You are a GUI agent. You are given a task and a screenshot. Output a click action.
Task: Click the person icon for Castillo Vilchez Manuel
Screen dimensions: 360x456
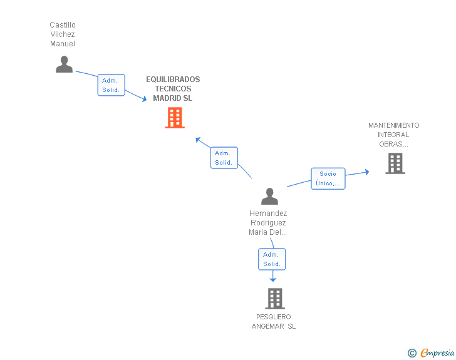tap(64, 64)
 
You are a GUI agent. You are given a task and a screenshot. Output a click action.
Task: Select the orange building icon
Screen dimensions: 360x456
tap(174, 118)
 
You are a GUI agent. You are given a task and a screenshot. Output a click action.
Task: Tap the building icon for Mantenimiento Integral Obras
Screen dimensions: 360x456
tap(395, 163)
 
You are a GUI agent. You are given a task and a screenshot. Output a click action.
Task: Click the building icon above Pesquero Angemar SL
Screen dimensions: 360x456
tap(274, 299)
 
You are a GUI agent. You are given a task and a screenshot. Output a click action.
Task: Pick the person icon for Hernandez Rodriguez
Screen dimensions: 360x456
tap(269, 197)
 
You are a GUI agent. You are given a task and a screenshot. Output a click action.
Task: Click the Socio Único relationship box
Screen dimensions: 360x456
tap(328, 178)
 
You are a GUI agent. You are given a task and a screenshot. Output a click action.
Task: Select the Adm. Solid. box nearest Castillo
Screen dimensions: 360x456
tap(111, 85)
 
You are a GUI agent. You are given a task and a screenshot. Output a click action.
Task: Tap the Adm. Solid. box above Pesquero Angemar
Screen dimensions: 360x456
tap(272, 259)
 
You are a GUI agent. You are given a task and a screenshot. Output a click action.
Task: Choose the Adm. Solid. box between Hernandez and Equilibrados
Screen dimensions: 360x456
tap(224, 158)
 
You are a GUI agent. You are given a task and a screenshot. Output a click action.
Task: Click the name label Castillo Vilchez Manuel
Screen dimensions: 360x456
tap(63, 34)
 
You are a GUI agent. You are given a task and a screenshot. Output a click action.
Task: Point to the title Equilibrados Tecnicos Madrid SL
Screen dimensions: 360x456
tap(173, 89)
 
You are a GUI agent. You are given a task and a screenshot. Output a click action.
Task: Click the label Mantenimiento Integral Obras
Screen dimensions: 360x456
tap(394, 135)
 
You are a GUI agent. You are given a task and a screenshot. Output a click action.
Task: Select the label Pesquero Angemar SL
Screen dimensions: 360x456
tap(274, 322)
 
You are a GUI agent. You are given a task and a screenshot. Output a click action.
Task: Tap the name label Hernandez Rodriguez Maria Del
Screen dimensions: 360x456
tap(268, 223)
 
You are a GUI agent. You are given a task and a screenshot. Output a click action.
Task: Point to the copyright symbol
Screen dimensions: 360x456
tap(412, 353)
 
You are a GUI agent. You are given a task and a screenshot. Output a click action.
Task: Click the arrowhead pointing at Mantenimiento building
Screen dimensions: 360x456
tap(367, 172)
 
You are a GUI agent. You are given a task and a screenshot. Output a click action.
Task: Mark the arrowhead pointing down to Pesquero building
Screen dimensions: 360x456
tap(272, 279)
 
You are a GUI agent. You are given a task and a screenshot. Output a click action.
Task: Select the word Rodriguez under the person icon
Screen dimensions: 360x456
tap(268, 223)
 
